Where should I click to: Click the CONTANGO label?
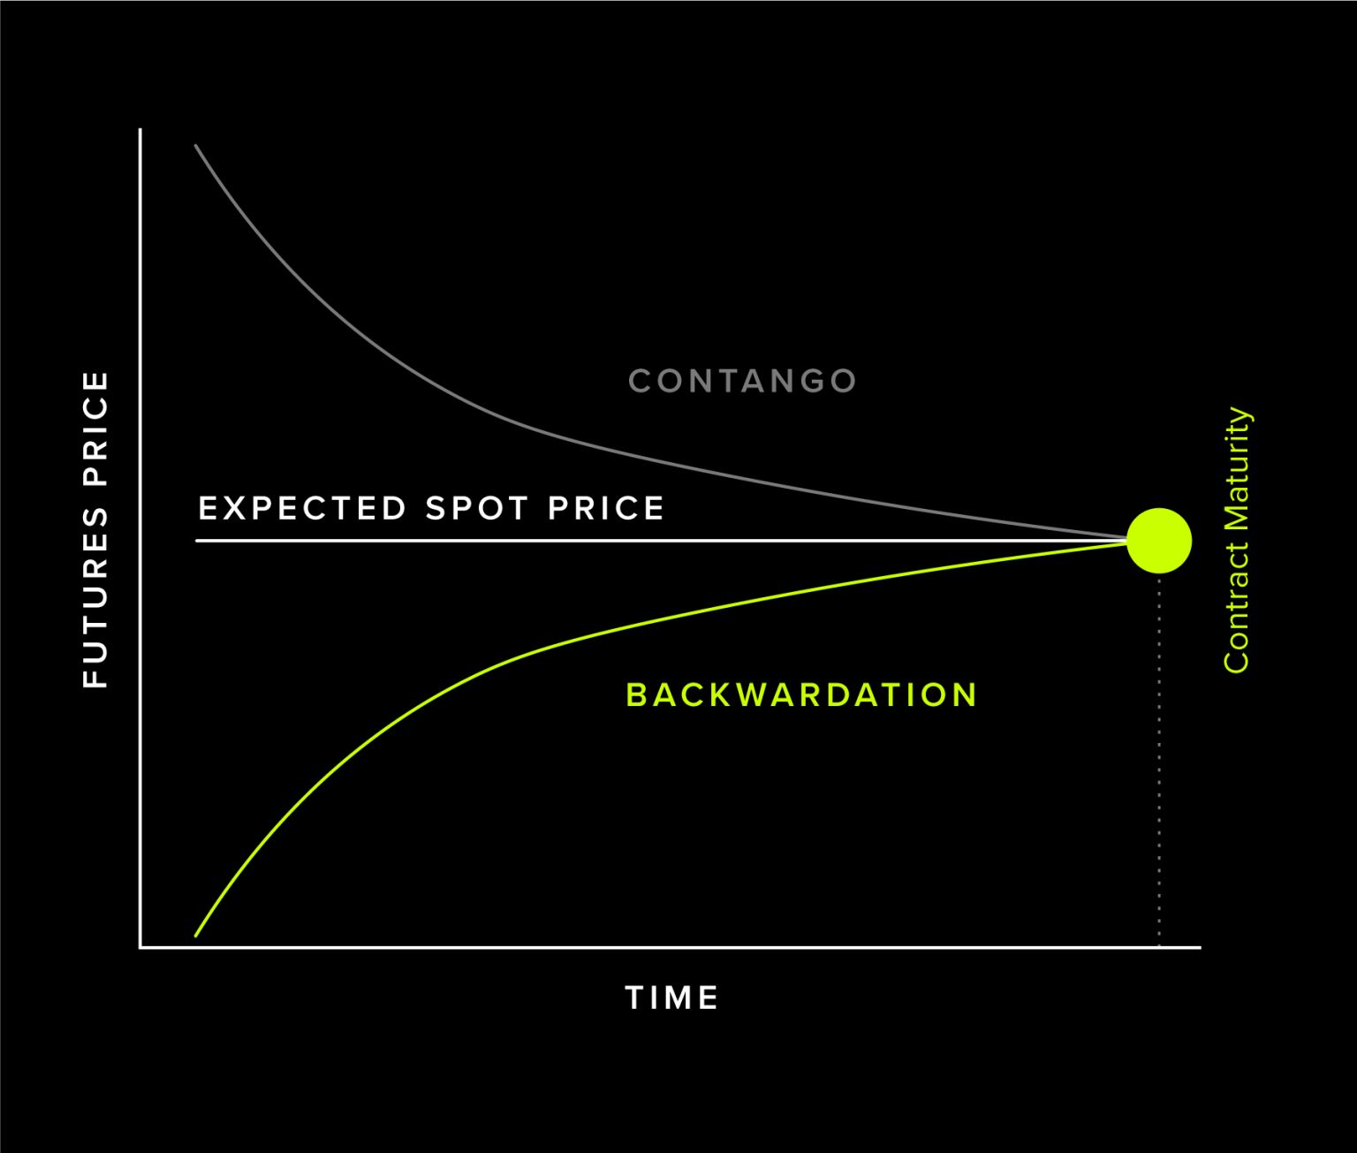(x=742, y=381)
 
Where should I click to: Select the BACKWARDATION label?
(x=801, y=694)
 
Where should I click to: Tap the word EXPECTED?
(x=303, y=508)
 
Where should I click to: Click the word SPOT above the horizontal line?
(x=477, y=508)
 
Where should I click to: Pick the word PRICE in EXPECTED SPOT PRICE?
(x=606, y=508)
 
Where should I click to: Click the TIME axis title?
(x=672, y=998)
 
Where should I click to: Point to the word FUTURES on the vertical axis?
(x=95, y=597)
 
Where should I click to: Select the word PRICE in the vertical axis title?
(x=95, y=429)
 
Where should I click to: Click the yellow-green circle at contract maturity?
(x=1159, y=541)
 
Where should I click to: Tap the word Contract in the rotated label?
(x=1237, y=608)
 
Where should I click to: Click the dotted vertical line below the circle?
(x=1159, y=761)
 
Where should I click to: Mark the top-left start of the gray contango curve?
(x=195, y=146)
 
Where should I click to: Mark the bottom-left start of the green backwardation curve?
(x=195, y=936)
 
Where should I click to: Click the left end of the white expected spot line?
(x=197, y=541)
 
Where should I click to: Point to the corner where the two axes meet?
(x=140, y=947)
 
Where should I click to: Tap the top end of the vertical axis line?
(x=140, y=129)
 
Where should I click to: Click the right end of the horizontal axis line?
(x=1200, y=947)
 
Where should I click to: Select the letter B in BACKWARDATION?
(x=636, y=694)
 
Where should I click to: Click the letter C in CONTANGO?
(x=640, y=381)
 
